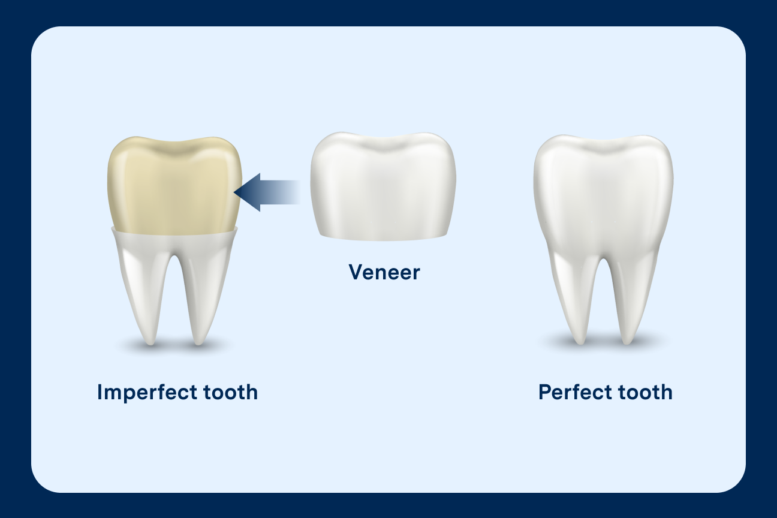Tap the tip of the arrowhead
pyautogui.click(x=235, y=192)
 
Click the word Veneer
pyautogui.click(x=384, y=272)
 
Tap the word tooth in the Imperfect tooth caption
pyautogui.click(x=230, y=392)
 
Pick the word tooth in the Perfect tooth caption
pyautogui.click(x=645, y=392)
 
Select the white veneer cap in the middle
pyautogui.click(x=383, y=186)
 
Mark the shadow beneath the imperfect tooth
pyautogui.click(x=174, y=346)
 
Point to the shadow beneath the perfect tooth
pyautogui.click(x=603, y=344)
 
